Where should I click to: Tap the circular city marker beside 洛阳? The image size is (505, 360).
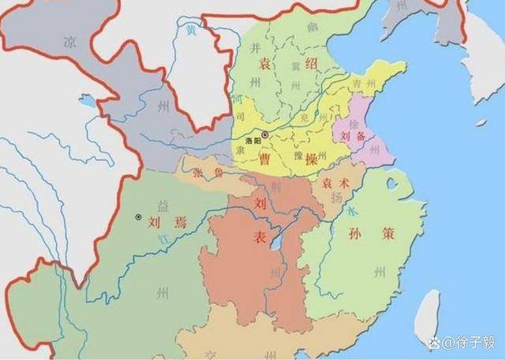[x=266, y=135]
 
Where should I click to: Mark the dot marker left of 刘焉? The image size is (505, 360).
[x=139, y=216]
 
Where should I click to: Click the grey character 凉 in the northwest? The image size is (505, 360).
[x=70, y=43]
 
